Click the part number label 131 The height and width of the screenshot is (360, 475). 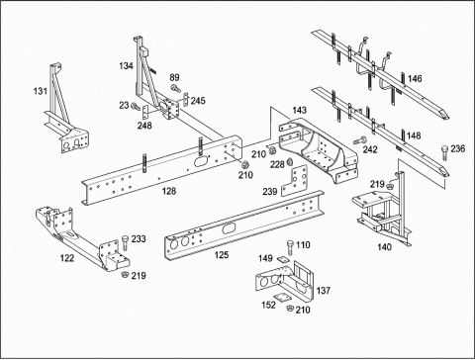coord(41,91)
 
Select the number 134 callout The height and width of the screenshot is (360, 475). coord(126,66)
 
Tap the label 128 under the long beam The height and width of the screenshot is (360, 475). coord(169,191)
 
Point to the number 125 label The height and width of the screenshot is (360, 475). coord(222,255)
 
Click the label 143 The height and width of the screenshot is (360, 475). coord(300,110)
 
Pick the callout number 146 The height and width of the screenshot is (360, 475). coord(415,79)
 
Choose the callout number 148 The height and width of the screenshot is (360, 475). coord(414,135)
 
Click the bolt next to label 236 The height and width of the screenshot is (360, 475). coord(444,153)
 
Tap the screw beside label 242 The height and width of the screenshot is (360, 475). coord(360,139)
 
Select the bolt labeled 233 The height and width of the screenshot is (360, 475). coord(125,243)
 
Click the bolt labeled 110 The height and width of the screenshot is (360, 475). coord(290,247)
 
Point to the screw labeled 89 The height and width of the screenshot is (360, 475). coord(175,88)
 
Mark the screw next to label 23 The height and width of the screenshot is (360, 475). coord(136,106)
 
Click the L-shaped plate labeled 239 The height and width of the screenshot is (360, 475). coord(294,181)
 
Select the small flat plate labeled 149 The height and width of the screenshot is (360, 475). coord(283,260)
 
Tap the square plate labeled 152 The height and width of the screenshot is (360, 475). coord(282,298)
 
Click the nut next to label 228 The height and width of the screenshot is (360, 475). coord(290,161)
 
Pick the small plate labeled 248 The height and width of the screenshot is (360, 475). coord(145,112)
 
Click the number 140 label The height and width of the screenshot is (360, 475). coord(384,247)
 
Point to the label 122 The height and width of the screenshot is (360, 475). coord(67,258)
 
